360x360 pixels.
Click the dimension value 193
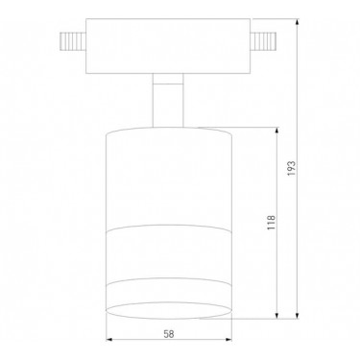(291, 169)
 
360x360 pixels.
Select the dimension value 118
(271, 223)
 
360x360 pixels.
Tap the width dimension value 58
(169, 334)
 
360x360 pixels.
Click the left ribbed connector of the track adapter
(73, 41)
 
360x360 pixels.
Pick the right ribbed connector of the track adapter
(263, 41)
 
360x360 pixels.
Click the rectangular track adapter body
(168, 46)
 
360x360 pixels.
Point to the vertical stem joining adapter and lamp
(168, 100)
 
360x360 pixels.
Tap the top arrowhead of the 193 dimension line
(298, 22)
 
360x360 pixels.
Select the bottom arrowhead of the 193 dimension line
(298, 315)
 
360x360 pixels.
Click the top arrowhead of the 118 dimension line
(277, 131)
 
